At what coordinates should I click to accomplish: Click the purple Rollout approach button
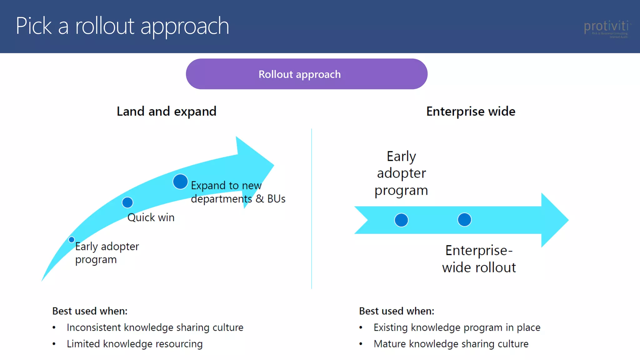coord(306,74)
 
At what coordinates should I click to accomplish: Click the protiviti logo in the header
coord(606,28)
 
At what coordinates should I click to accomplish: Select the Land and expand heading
coord(166,112)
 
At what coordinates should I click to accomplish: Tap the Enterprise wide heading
coord(471,112)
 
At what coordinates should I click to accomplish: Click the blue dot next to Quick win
coord(127,202)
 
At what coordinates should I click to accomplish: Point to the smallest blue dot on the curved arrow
coord(72,240)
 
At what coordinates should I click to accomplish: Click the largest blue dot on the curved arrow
coord(180,182)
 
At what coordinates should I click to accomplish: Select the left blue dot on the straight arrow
coord(401,220)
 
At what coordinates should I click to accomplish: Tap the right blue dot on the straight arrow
coord(464,220)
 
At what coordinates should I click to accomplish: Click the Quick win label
coord(151,217)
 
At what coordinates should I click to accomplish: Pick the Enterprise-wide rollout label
coord(479,259)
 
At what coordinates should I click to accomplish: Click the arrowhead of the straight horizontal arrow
coord(553,220)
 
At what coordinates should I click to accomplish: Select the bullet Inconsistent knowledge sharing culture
coord(155,327)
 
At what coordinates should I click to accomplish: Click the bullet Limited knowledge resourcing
coord(134,344)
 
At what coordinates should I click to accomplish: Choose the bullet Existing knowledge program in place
coord(457,327)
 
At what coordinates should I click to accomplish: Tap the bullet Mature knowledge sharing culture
coord(451,344)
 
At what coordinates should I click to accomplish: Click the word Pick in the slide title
coord(34,26)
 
